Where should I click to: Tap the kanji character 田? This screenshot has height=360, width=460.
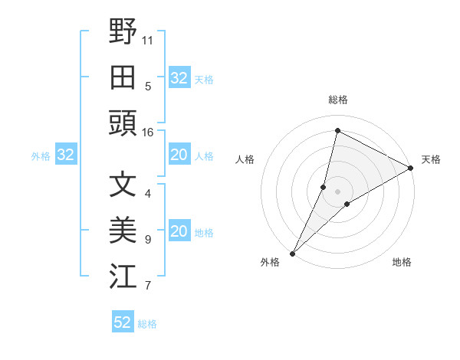[123, 77]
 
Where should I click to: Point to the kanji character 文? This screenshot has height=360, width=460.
[123, 185]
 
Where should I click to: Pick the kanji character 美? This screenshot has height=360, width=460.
[123, 231]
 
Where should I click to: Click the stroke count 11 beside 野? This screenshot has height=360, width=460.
[148, 39]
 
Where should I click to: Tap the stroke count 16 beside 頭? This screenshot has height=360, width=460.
[148, 133]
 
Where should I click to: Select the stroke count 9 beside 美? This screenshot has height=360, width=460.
[148, 240]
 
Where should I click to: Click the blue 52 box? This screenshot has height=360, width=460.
[123, 322]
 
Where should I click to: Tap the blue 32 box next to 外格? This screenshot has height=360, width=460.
[65, 155]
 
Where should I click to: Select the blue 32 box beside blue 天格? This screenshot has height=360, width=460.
[179, 78]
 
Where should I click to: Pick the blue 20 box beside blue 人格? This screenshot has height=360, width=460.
[179, 155]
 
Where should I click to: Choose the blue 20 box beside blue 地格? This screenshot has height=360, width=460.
[179, 232]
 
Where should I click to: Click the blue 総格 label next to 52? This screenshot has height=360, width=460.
[147, 324]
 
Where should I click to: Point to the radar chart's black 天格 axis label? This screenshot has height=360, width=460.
[431, 159]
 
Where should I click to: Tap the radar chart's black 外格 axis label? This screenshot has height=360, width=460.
[270, 262]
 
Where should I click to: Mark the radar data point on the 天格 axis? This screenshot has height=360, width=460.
[411, 169]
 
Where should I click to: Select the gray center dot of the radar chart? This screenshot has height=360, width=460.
[337, 191]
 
